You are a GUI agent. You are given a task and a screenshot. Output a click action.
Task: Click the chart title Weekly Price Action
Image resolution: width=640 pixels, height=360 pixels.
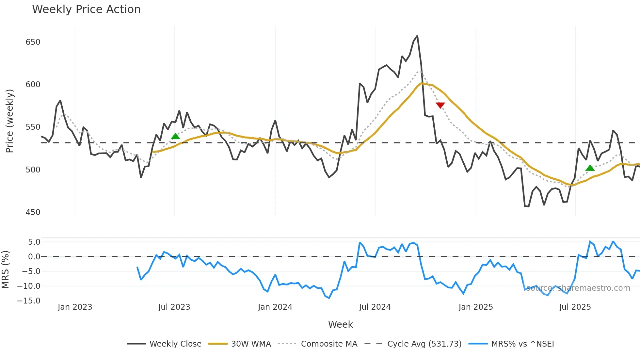coord(86,9)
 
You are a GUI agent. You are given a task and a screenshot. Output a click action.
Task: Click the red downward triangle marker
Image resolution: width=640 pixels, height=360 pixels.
coord(440,105)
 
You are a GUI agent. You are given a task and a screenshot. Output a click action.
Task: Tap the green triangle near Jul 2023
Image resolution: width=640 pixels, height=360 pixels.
coord(175,136)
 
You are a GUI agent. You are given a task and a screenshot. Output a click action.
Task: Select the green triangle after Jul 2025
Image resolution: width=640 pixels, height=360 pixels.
coord(590,168)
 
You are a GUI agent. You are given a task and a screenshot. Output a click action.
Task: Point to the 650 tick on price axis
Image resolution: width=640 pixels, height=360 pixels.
coord(33,42)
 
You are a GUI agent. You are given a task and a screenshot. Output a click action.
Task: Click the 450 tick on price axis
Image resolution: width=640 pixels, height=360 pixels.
coord(33,212)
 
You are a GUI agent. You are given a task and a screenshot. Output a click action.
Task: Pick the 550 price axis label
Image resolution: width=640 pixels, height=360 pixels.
coord(33,127)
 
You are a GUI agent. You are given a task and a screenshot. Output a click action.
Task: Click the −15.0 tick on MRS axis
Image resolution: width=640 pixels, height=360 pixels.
coord(29,301)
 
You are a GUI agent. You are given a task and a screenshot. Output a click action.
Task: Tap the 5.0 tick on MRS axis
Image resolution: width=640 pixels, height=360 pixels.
coord(34,242)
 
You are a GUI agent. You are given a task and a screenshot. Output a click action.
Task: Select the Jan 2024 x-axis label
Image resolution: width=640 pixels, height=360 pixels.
coord(275,307)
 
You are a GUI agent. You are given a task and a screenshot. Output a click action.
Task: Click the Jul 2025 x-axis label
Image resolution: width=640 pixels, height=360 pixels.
coord(575,307)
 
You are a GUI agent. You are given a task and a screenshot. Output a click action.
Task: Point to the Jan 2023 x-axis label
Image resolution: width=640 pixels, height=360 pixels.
coord(75,307)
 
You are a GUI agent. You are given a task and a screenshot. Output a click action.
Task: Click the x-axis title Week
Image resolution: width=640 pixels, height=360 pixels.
coord(340,324)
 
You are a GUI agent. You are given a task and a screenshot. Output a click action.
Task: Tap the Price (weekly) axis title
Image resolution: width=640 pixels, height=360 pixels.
coord(9,121)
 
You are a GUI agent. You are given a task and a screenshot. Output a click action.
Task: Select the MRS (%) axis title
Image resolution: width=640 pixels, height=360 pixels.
coord(5,270)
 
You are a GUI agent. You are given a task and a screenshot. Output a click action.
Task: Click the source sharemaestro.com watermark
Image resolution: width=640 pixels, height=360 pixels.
coord(578,288)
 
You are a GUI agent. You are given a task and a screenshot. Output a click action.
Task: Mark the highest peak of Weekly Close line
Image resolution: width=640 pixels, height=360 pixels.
coord(417,36)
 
